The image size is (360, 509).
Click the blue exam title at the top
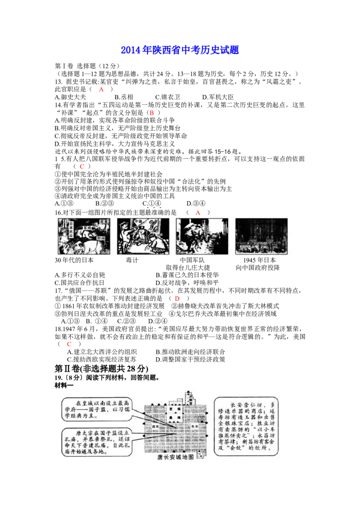click(x=180, y=50)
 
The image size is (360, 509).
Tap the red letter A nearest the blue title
click(x=101, y=90)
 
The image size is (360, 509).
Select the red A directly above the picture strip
click(x=198, y=212)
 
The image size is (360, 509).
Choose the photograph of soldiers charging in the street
click(x=202, y=237)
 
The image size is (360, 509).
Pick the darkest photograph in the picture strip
click(x=261, y=237)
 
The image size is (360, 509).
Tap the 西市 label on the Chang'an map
click(x=156, y=424)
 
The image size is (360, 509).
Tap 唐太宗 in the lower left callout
click(x=85, y=432)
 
